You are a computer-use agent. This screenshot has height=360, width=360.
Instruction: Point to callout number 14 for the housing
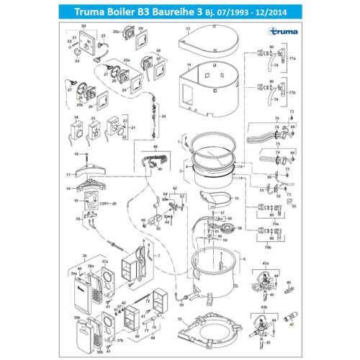(189, 66)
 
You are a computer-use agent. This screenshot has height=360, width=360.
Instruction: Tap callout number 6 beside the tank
(244, 258)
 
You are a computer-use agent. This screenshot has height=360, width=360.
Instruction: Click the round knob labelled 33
(77, 60)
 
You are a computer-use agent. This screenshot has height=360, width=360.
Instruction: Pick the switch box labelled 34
(77, 133)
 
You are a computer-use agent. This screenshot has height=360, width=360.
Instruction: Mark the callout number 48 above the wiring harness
(154, 146)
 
